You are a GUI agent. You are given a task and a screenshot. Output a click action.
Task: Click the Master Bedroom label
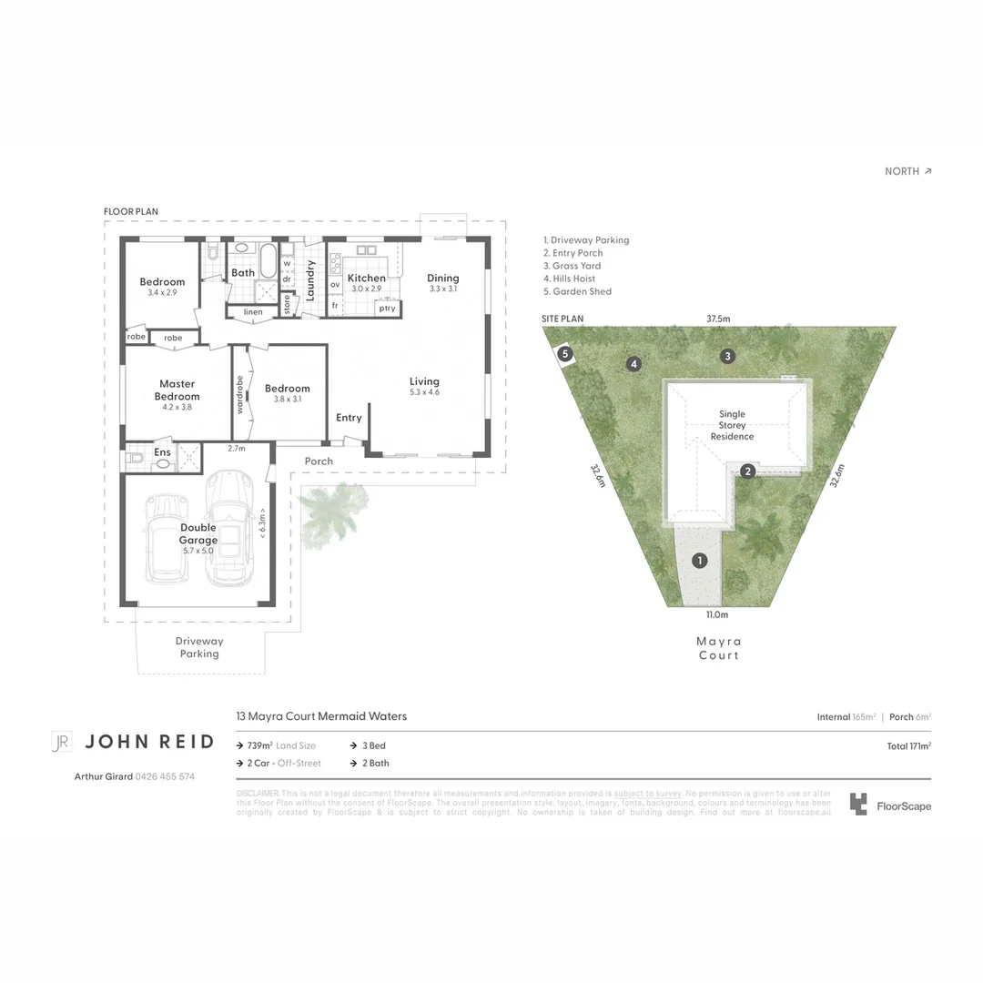[x=177, y=390]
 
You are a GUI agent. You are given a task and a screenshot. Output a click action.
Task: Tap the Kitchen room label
[x=367, y=279]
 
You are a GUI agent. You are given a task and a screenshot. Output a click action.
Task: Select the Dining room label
[x=443, y=279]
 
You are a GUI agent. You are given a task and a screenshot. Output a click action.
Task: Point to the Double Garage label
[x=198, y=533]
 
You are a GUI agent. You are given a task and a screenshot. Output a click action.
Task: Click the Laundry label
[x=310, y=280]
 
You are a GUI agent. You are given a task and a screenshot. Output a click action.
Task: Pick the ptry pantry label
[x=388, y=309]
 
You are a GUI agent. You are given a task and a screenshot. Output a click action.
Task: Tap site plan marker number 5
[x=565, y=353]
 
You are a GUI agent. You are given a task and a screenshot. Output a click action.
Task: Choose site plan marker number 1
[x=699, y=561]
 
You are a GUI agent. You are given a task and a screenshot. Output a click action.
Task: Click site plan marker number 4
[x=633, y=364]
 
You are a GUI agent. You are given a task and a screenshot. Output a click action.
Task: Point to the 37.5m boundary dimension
[x=719, y=319]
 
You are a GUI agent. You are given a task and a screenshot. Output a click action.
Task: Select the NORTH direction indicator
[x=908, y=171]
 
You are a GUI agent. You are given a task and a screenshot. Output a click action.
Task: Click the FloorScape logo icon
[x=858, y=804]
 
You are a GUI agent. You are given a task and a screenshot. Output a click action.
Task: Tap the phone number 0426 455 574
[x=165, y=776]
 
